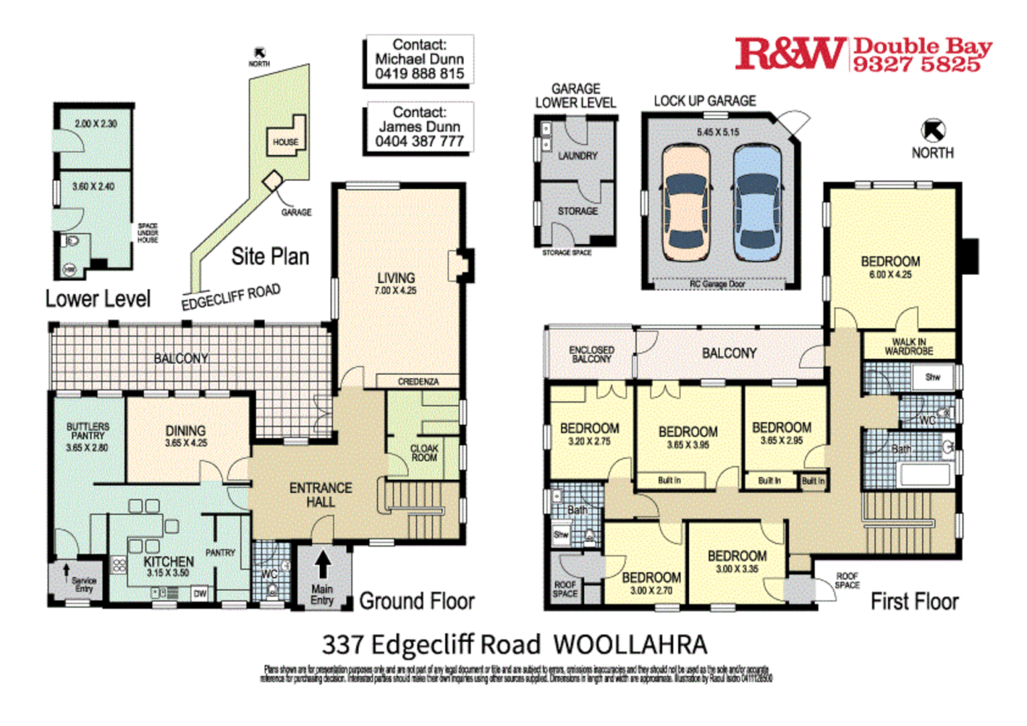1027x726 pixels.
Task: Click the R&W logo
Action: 790,54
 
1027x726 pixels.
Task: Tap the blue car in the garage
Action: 757,203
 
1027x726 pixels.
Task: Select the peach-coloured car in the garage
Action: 686,203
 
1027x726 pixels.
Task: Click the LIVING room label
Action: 396,278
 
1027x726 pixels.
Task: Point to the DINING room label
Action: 186,431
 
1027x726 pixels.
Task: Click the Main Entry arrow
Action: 323,564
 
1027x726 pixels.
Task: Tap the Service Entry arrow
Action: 67,571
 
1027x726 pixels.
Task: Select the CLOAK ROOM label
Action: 424,453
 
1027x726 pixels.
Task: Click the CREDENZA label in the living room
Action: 418,382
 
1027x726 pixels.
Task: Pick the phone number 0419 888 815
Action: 419,74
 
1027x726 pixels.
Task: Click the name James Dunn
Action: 419,126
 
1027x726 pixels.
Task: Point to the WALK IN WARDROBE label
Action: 909,346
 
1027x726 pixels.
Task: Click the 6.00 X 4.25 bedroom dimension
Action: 890,274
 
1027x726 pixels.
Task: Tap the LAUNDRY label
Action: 577,156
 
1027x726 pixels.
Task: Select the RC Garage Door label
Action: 717,284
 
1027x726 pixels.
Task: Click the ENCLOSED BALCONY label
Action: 591,354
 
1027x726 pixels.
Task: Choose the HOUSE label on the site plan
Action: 286,143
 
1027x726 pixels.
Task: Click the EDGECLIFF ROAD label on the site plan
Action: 231,297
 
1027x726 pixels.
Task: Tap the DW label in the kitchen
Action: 200,594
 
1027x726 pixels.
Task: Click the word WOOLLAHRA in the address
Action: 630,645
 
